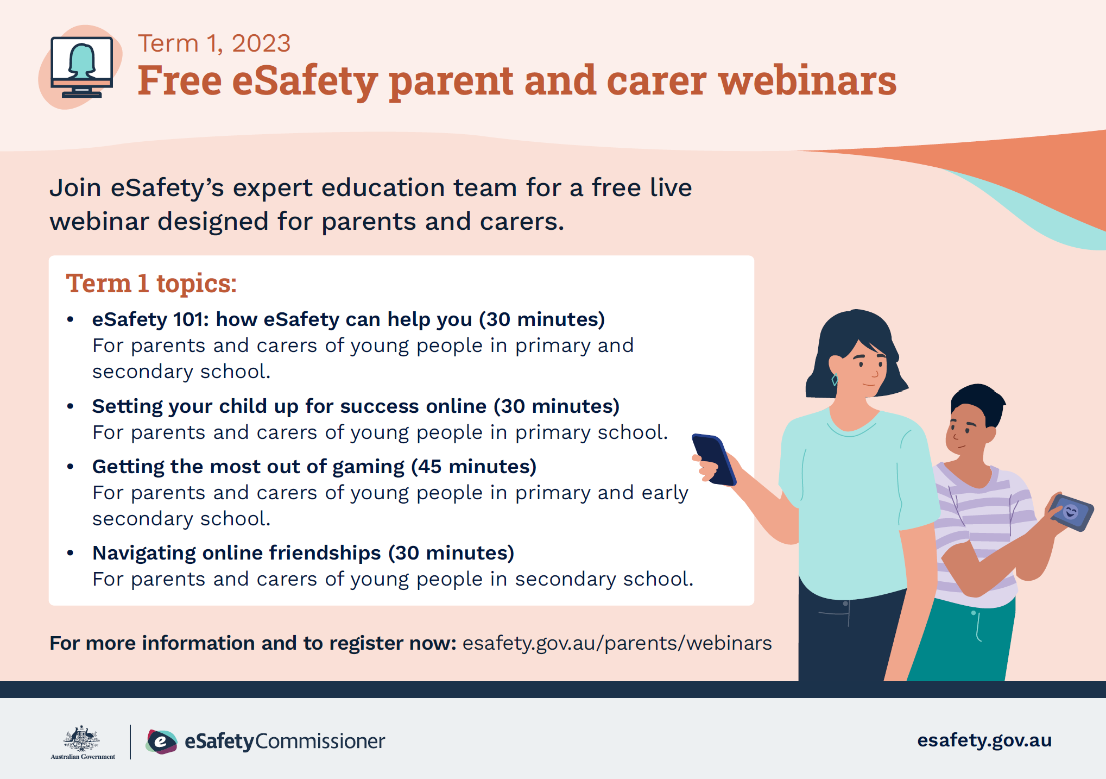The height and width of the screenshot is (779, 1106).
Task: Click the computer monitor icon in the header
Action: pos(81,66)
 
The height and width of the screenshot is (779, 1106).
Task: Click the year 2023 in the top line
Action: pos(261,43)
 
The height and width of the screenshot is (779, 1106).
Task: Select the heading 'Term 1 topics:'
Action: pos(151,284)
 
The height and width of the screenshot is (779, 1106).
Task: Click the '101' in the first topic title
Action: pos(190,319)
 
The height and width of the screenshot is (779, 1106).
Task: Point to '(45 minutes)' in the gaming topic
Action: pos(473,467)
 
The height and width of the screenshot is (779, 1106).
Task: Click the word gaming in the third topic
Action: pos(368,467)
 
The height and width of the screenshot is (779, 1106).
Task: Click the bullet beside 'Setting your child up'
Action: pos(70,406)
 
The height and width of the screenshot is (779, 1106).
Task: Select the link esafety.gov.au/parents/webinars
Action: pos(617,643)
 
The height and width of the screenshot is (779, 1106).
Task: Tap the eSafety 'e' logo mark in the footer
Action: pos(161,742)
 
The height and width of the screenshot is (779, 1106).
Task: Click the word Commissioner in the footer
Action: pos(320,742)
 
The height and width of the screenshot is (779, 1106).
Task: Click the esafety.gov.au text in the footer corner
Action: pos(984,740)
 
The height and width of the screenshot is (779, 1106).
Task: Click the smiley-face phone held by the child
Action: pos(1070,512)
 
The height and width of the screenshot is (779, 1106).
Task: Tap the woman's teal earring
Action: pos(835,379)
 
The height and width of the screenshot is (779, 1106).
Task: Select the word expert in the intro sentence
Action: pos(273,189)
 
